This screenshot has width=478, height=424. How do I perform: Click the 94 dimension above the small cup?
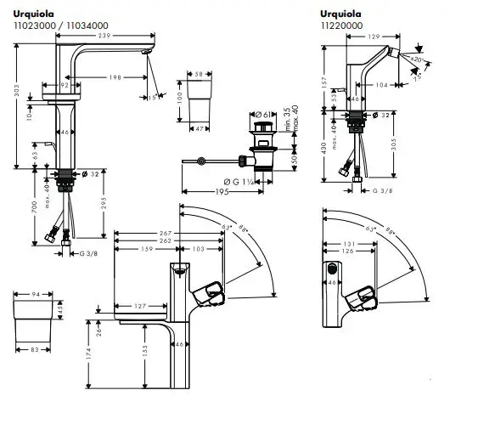34,296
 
